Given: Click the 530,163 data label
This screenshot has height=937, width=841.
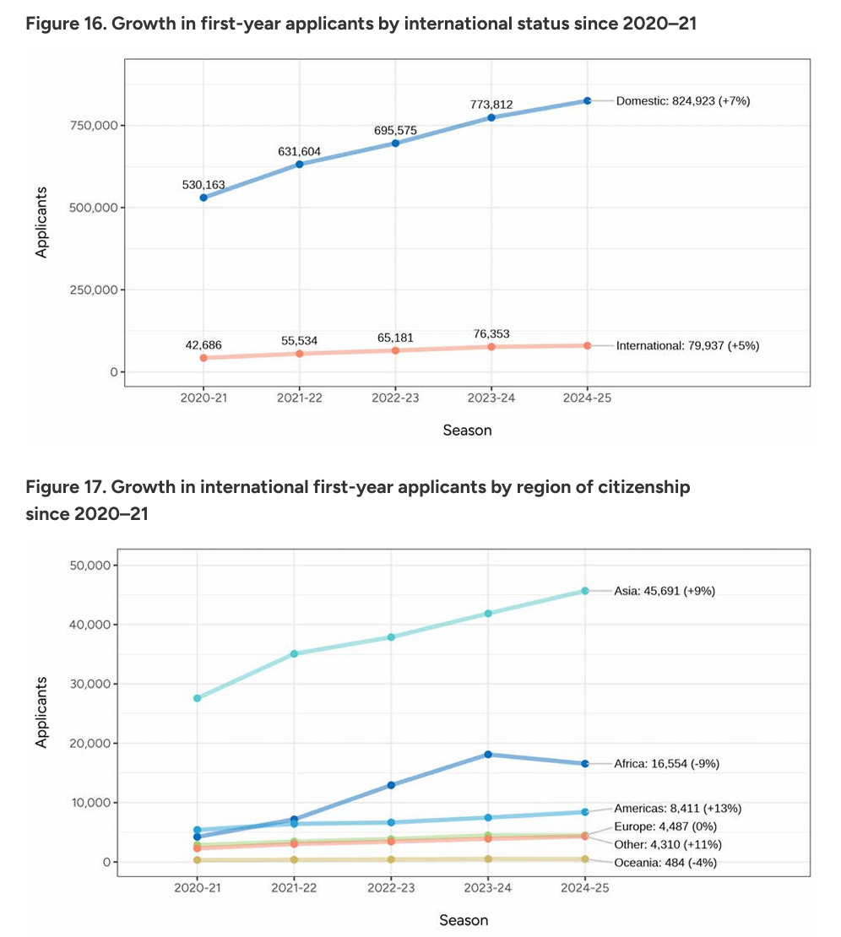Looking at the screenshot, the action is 203,185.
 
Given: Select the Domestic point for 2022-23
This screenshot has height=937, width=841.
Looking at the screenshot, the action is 395,144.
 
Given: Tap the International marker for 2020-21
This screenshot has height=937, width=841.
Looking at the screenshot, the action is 203,358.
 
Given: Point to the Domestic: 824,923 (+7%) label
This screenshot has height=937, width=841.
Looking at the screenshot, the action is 682,101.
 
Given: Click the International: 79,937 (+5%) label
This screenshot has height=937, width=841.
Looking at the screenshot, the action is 687,346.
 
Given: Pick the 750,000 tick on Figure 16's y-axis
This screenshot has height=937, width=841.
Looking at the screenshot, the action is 94,126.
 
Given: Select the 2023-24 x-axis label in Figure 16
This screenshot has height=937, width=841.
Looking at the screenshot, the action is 491,398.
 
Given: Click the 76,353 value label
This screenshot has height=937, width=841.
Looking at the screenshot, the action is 491,334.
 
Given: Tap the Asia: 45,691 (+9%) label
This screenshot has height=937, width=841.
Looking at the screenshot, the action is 664,591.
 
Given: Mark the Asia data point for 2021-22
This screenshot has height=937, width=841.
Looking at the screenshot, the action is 294,653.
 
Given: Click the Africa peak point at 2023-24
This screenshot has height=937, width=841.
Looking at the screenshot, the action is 488,754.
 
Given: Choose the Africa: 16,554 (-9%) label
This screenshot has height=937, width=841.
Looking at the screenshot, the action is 666,764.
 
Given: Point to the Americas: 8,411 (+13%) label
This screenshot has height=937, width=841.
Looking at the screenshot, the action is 677,809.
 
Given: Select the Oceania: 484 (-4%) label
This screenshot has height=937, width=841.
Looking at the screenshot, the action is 665,863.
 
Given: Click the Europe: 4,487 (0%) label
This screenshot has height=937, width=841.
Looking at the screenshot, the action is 665,826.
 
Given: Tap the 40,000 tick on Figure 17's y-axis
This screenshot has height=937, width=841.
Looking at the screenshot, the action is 90,625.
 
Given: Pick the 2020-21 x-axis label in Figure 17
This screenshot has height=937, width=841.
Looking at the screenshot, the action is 198,888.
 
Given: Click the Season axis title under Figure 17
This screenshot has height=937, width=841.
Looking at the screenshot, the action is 464,920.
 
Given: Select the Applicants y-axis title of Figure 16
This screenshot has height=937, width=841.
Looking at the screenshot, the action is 41,222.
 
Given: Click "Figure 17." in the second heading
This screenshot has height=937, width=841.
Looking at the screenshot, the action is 67,487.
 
